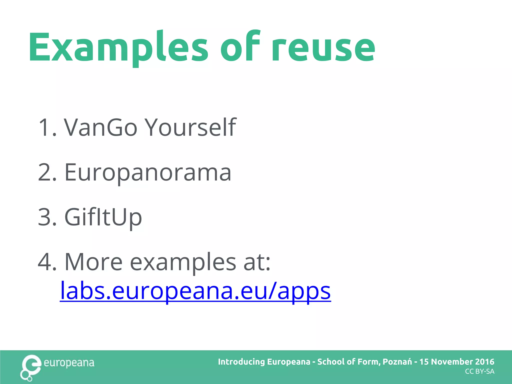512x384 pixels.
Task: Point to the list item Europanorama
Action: pyautogui.click(x=147, y=172)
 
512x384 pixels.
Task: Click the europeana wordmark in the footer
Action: pyautogui.click(x=69, y=363)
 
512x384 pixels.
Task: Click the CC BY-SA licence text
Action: pyautogui.click(x=479, y=372)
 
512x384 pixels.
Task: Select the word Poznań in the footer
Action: pyautogui.click(x=397, y=362)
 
